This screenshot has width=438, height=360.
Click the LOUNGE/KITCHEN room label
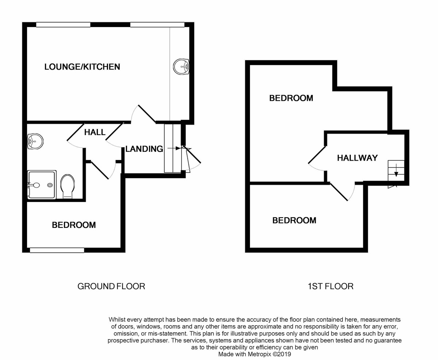(x=82, y=67)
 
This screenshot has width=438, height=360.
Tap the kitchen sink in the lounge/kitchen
(x=181, y=66)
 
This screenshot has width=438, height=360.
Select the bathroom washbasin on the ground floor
(x=35, y=141)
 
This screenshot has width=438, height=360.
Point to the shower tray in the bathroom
(x=42, y=185)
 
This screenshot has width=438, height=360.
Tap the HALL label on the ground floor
(x=95, y=132)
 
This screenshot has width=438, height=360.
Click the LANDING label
(x=144, y=149)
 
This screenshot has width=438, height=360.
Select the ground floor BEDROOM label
(x=74, y=225)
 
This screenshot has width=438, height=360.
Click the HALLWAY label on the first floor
(x=357, y=158)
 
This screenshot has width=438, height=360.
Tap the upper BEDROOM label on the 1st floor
(x=291, y=98)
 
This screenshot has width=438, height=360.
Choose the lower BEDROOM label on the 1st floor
(x=294, y=221)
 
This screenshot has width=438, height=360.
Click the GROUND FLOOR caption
(x=111, y=286)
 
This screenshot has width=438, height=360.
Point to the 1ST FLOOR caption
(x=330, y=286)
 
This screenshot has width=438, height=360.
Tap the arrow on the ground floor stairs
(x=174, y=149)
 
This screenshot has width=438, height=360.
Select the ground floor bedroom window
(x=57, y=250)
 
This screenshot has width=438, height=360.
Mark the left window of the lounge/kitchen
(x=63, y=25)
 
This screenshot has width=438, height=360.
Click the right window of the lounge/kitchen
(x=157, y=25)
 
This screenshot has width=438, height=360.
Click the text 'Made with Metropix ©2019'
(x=255, y=354)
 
